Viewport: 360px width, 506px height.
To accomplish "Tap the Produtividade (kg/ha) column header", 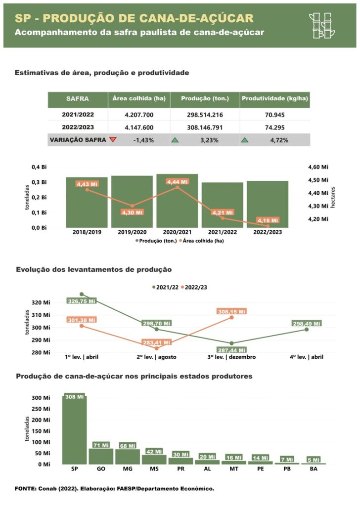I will (x=275, y=98).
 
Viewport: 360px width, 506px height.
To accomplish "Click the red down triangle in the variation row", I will (x=113, y=140).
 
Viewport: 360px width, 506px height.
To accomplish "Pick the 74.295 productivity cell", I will (x=275, y=127).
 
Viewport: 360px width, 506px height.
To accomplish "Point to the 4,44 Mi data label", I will (x=178, y=182).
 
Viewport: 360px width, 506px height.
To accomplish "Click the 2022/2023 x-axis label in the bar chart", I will (x=268, y=231).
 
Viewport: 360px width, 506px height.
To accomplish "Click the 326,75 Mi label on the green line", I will (x=81, y=300).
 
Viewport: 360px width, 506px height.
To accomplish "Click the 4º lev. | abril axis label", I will (x=307, y=357).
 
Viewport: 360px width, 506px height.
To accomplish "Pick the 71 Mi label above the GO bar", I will (x=101, y=445).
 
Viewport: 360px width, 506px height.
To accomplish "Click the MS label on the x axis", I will (x=154, y=469).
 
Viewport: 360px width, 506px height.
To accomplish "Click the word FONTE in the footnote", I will (x=24, y=489).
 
